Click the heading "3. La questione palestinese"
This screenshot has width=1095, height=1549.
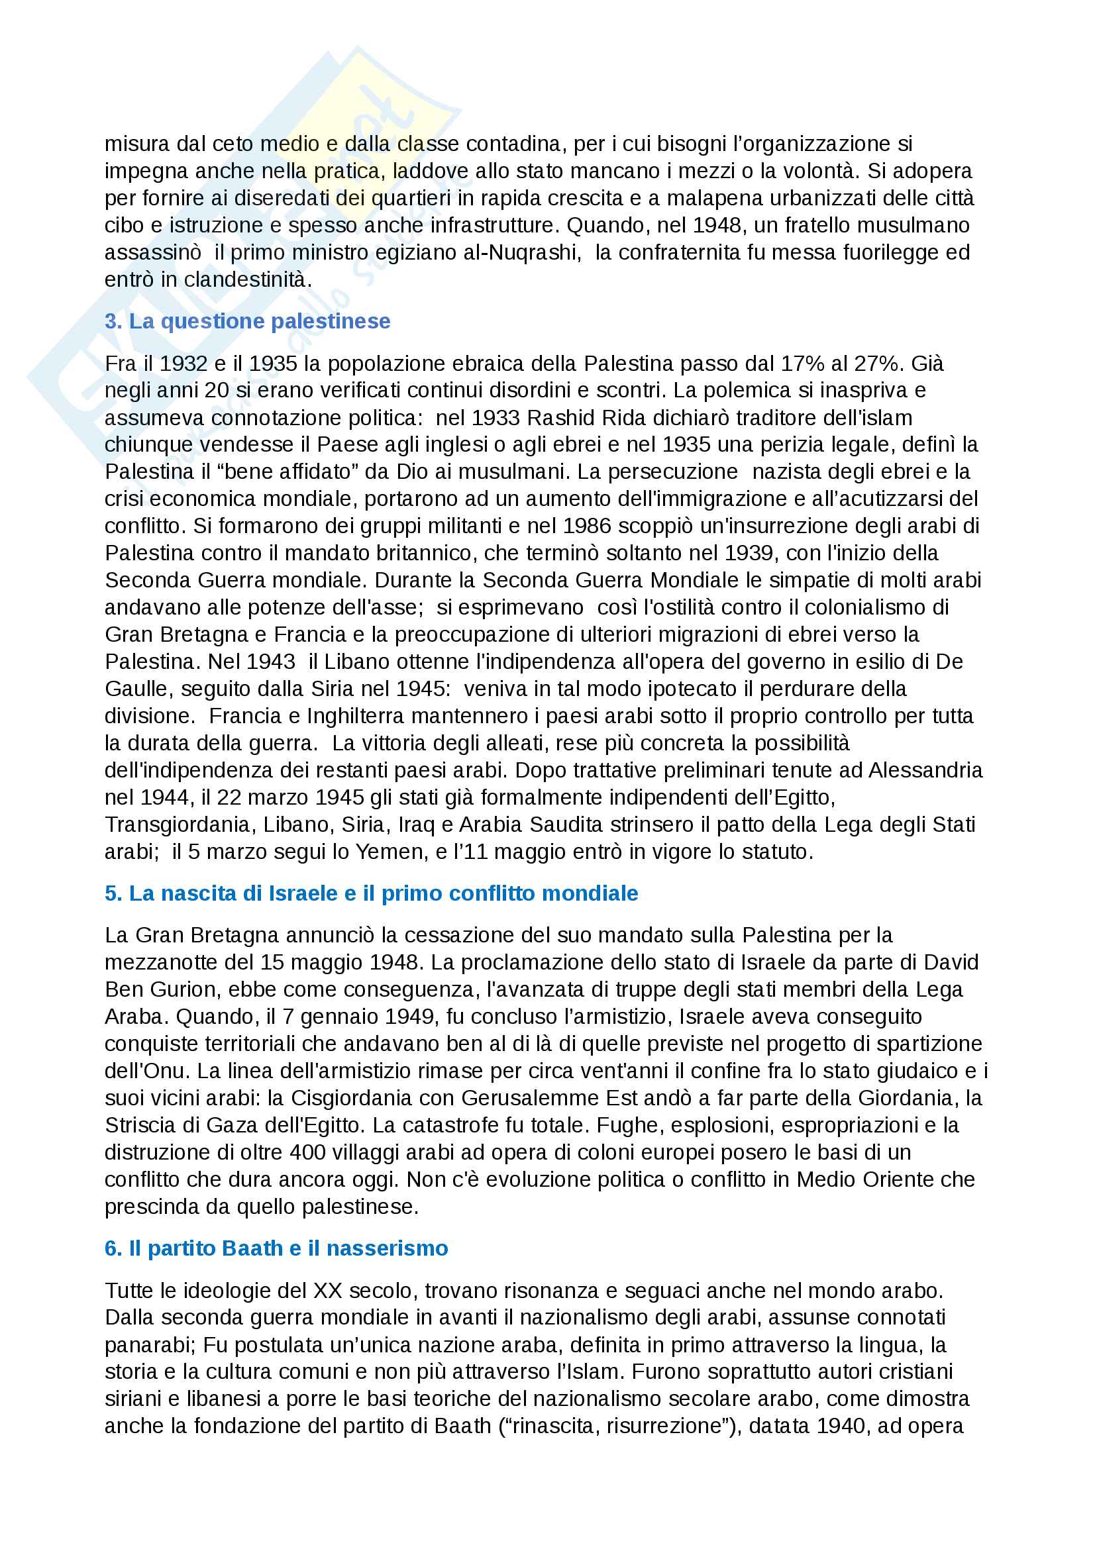tap(247, 321)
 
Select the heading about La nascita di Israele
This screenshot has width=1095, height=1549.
tap(371, 893)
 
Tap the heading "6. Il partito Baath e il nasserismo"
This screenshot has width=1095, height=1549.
tap(276, 1248)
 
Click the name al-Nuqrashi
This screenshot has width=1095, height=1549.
tap(534, 252)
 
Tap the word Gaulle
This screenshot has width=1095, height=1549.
tap(136, 689)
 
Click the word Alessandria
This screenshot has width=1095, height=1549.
tap(925, 770)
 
